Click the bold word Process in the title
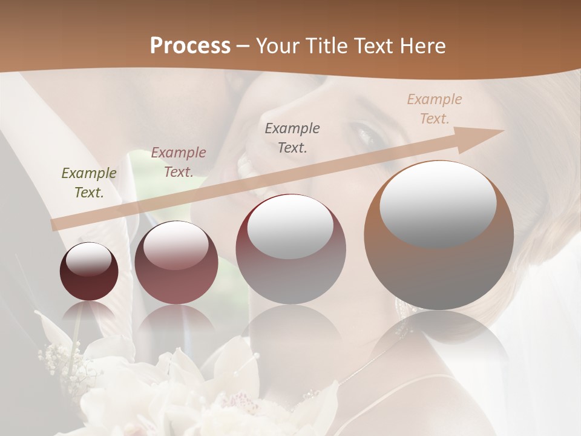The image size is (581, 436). tap(190, 46)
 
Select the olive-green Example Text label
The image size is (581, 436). tap(89, 183)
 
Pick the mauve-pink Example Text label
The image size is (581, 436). tap(179, 162)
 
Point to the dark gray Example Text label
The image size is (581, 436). tap(292, 137)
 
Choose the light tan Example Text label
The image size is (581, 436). tap(435, 109)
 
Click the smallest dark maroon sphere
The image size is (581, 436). tap(89, 271)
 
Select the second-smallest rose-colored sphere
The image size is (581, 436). tap(176, 262)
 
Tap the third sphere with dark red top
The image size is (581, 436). tap(290, 249)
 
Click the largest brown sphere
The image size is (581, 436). tap(438, 235)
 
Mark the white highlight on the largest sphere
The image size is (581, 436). tap(438, 203)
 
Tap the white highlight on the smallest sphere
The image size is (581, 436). tap(88, 259)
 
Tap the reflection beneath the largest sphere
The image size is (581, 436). tap(438, 339)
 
